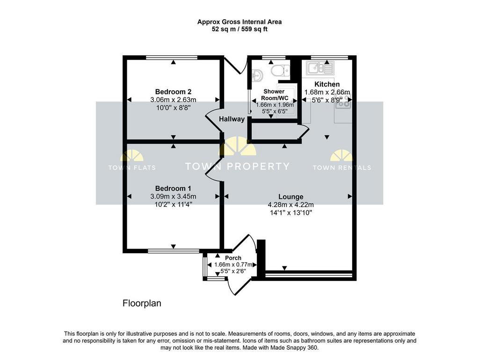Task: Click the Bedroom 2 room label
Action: (x=173, y=92)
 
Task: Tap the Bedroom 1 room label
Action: (x=173, y=189)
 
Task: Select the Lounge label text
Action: (x=291, y=197)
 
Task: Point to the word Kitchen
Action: (x=327, y=84)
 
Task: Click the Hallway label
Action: (x=232, y=119)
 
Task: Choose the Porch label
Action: (x=233, y=258)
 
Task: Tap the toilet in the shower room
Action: (x=281, y=70)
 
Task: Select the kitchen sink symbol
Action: (x=320, y=68)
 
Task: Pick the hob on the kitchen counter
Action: (x=344, y=103)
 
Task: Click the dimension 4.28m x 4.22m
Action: (x=291, y=205)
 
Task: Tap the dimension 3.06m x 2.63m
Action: (x=173, y=100)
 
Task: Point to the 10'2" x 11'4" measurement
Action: (x=173, y=204)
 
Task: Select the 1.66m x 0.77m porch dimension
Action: (x=233, y=264)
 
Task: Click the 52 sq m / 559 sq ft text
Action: (x=239, y=29)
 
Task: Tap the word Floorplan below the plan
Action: (x=142, y=303)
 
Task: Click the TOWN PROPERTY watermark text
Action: (x=237, y=166)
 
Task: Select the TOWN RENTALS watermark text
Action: (x=342, y=168)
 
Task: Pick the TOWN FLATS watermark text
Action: (x=132, y=168)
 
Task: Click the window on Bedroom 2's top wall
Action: (x=172, y=58)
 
